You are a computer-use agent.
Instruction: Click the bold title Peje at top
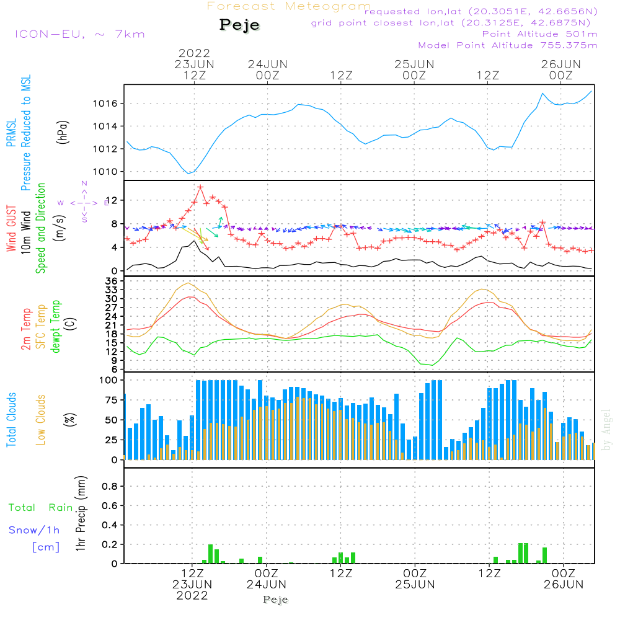point(239,25)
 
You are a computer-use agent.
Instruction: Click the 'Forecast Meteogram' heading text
point(289,6)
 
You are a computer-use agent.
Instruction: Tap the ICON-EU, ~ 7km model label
point(79,34)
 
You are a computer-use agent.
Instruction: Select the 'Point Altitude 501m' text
point(539,34)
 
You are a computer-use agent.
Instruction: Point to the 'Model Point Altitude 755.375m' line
point(508,45)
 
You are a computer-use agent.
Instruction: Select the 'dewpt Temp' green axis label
point(56,327)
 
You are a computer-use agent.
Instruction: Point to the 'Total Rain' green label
point(41,508)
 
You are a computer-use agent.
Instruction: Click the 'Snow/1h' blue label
point(35,531)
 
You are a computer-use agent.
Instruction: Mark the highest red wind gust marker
point(200,187)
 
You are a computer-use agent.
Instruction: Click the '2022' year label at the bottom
point(193,595)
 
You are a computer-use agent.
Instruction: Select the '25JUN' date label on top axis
point(414,64)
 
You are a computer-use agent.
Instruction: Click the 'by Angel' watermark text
point(606,430)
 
